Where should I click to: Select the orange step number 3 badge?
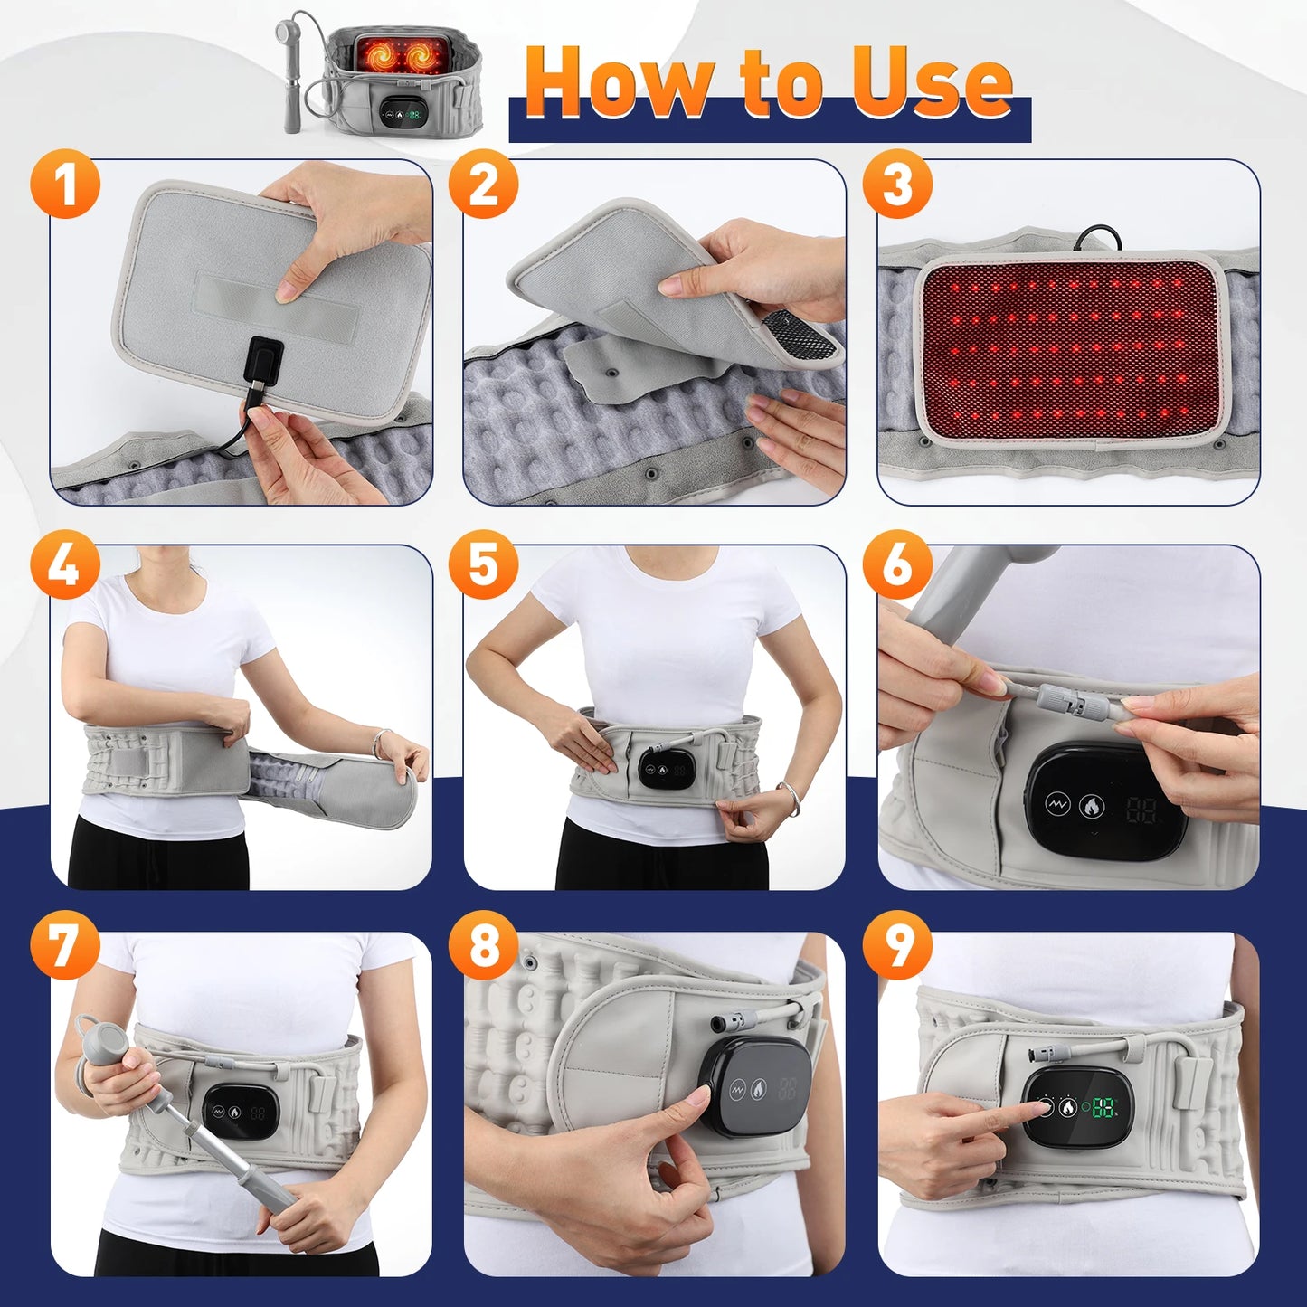(896, 185)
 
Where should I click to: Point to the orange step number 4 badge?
(63, 567)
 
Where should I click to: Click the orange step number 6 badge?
(896, 567)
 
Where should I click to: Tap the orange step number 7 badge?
(63, 947)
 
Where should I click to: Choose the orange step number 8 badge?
(484, 947)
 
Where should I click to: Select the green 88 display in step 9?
(1102, 1107)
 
